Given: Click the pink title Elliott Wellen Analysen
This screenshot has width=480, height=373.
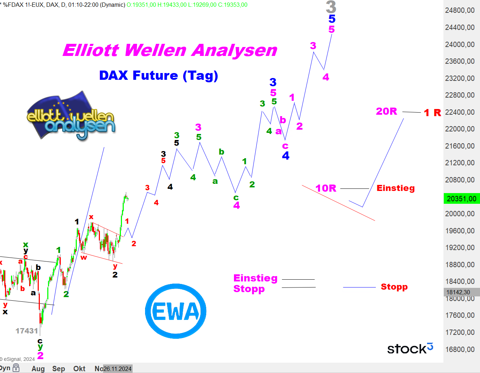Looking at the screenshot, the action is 170,50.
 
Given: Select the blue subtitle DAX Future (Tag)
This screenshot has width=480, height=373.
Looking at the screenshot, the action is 159,76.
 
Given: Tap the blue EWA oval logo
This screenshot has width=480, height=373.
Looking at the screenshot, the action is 176,311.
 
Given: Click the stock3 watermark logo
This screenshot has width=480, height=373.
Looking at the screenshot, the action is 410,348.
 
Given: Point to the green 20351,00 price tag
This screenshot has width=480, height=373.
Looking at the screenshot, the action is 462,198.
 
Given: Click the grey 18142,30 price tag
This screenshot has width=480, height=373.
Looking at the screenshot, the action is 462,292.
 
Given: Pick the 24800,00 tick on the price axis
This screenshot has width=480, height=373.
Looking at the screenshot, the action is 460,10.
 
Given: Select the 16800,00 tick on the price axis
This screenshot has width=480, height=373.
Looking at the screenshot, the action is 460,349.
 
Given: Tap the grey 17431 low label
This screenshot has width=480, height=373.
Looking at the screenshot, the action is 27,331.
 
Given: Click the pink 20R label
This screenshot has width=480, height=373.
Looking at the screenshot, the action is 386,111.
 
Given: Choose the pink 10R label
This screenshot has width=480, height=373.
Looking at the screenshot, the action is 326,188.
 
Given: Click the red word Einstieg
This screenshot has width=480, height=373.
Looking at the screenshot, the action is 396,188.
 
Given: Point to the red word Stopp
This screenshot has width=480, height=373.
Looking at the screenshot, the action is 394,287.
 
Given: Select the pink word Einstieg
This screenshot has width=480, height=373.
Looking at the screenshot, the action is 255,278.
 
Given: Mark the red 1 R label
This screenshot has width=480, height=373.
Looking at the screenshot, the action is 432,113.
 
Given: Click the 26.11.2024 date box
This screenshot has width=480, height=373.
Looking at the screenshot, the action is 118,369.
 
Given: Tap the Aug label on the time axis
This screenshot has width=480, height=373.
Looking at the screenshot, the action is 38,369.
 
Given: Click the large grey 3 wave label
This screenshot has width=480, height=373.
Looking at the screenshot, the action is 331,7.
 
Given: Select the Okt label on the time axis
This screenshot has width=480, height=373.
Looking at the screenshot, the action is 79,369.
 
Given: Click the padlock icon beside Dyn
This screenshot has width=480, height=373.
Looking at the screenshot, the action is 16,368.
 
